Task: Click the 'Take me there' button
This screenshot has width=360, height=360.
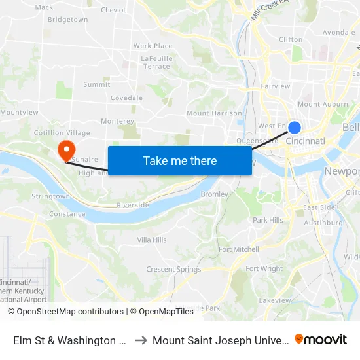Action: click(x=180, y=160)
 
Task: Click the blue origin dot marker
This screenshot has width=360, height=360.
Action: click(x=295, y=128)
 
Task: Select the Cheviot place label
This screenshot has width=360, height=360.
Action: click(x=113, y=10)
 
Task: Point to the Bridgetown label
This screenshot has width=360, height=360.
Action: click(x=67, y=20)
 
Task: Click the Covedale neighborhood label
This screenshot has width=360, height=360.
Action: click(x=126, y=98)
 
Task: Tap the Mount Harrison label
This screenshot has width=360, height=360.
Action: click(x=214, y=113)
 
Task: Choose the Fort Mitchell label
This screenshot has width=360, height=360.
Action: click(x=239, y=249)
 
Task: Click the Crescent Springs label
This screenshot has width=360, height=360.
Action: click(x=173, y=269)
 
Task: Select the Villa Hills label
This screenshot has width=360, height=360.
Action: click(x=152, y=240)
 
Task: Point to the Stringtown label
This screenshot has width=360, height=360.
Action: click(x=50, y=196)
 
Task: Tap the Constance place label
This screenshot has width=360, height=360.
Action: click(x=67, y=214)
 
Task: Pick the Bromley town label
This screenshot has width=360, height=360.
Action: click(x=214, y=194)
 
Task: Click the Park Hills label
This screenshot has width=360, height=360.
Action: click(x=268, y=220)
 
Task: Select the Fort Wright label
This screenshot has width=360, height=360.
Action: click(x=264, y=269)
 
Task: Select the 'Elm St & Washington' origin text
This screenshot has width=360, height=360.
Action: click(x=69, y=340)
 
